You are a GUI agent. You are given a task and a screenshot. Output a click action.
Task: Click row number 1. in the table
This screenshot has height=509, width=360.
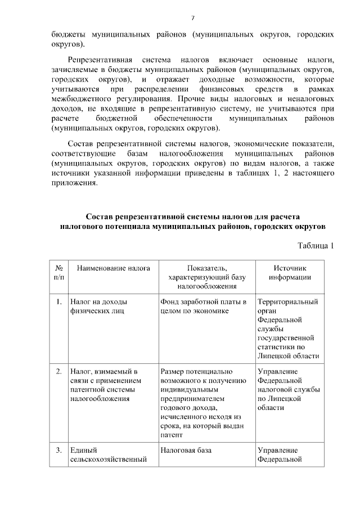point(59,302)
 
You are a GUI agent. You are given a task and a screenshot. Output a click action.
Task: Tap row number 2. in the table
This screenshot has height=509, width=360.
point(59,372)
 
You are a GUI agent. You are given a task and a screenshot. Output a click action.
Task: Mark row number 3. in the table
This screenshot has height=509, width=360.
point(59,451)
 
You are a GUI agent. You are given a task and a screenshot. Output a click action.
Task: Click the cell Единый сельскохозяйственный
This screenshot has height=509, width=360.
point(107,455)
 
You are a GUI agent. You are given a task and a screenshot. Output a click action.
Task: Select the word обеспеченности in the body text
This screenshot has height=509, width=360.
point(182,119)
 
